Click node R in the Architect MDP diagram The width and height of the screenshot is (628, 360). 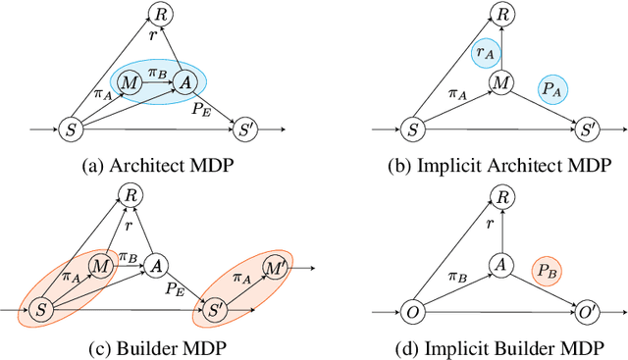click(x=159, y=13)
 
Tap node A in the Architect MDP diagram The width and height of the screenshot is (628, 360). click(x=183, y=84)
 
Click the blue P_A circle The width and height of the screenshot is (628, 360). click(x=553, y=89)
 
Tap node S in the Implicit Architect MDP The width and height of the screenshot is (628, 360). click(x=413, y=129)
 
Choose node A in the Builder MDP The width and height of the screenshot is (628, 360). click(x=155, y=265)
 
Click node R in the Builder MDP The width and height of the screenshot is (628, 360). click(x=129, y=196)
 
